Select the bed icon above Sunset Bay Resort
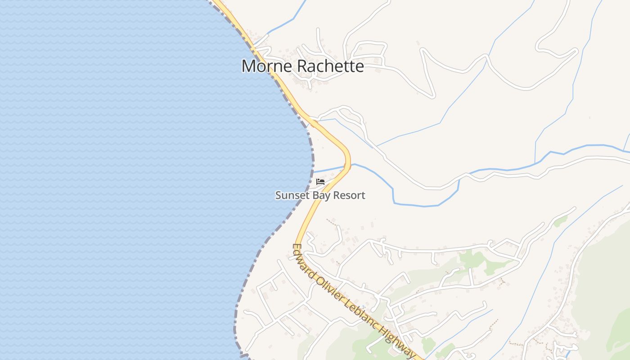320,182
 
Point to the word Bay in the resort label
319,196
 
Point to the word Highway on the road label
396,340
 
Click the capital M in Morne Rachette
248,66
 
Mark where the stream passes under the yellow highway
347,166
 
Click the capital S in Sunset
278,195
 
